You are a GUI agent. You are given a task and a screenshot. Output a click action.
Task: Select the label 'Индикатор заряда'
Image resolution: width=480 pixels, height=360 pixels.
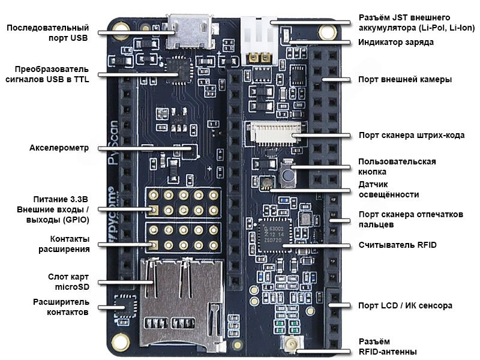(x=395, y=42)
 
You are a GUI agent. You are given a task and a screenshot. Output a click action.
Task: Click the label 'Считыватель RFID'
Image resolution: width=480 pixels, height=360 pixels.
(x=397, y=245)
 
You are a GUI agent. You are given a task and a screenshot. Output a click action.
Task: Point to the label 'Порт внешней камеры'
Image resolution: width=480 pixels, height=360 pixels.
(x=404, y=79)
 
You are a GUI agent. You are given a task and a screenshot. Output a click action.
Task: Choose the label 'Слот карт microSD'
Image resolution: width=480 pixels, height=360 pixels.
(x=68, y=282)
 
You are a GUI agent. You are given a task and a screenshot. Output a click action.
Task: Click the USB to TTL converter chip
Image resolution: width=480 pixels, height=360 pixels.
(x=178, y=68)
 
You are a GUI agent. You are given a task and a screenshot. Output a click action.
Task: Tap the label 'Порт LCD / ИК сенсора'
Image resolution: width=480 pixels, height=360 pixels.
(x=405, y=305)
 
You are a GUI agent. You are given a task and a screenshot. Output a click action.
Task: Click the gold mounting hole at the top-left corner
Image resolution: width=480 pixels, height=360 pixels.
(x=122, y=27)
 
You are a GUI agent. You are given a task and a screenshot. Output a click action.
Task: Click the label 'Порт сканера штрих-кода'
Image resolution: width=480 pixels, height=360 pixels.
(x=411, y=135)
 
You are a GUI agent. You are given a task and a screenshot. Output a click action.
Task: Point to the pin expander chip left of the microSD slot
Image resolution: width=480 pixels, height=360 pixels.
(x=124, y=305)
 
